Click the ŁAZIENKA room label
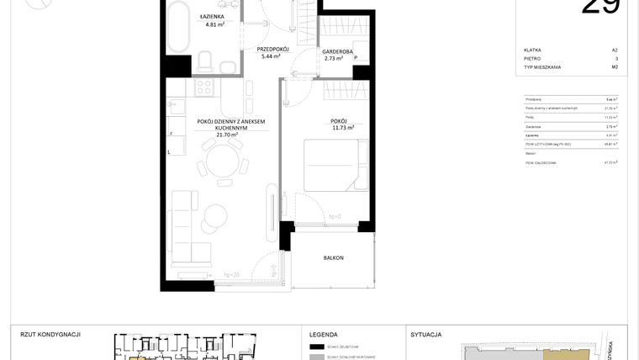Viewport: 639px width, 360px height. click(211, 17)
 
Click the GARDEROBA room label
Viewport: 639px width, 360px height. click(337, 51)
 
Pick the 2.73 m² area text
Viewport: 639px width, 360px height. click(335, 59)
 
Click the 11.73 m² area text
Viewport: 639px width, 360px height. click(342, 128)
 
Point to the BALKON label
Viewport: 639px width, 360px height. click(334, 258)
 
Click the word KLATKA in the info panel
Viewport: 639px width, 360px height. click(531, 50)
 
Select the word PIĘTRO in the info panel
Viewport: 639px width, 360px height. click(531, 59)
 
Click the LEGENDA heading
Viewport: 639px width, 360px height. click(324, 334)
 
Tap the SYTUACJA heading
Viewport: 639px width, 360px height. click(425, 334)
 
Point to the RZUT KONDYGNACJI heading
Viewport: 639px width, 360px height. click(50, 334)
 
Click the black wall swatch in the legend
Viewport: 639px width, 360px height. click(317, 347)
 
